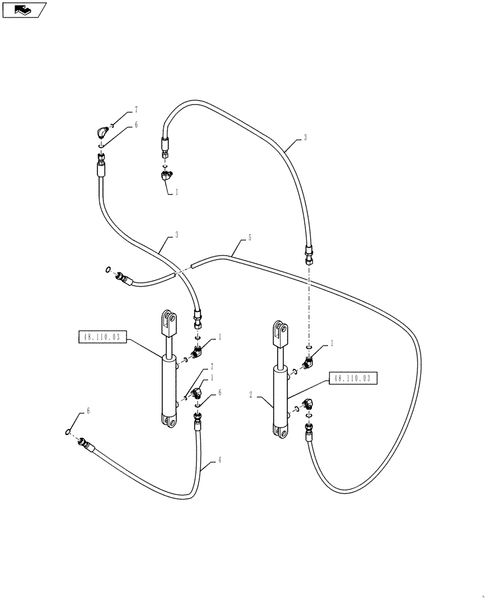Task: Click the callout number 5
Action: pyautogui.click(x=249, y=238)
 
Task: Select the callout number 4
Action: pyautogui.click(x=219, y=460)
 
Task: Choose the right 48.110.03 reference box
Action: pyautogui.click(x=353, y=379)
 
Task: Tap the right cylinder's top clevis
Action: pyautogui.click(x=280, y=334)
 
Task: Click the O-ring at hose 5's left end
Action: pyautogui.click(x=107, y=270)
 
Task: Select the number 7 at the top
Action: pyautogui.click(x=136, y=109)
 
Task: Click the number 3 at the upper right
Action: pyautogui.click(x=305, y=137)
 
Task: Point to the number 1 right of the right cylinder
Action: pyautogui.click(x=331, y=344)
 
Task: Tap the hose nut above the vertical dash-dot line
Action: pyautogui.click(x=309, y=256)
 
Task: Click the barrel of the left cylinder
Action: pyautogui.click(x=168, y=384)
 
